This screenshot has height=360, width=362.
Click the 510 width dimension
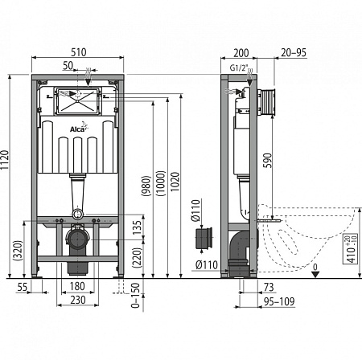click(79, 52)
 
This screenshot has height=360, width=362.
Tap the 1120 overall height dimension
click(5, 160)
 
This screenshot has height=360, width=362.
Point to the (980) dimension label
click(146, 186)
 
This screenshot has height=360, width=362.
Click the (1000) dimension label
click(160, 183)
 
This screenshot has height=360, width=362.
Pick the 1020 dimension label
click(175, 182)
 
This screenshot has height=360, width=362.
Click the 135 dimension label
click(137, 227)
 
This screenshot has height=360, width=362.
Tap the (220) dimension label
click(137, 258)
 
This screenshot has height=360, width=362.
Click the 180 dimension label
click(77, 286)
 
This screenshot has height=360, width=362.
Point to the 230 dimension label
click(78, 300)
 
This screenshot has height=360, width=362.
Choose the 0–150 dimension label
click(135, 295)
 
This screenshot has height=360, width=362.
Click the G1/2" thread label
click(238, 67)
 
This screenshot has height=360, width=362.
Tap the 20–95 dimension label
click(294, 52)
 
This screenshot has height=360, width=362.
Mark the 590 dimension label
click(267, 161)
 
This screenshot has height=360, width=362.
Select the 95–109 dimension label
click(279, 302)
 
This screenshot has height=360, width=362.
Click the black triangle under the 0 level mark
click(315, 275)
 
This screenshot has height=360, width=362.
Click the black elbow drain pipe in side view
click(239, 252)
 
